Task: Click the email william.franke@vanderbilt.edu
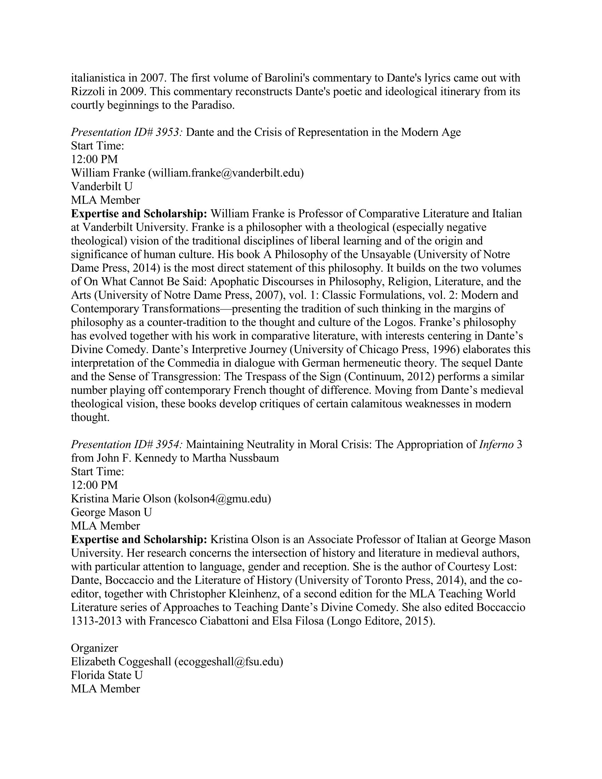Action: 226,173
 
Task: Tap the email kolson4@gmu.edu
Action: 222,499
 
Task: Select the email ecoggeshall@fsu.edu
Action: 228,662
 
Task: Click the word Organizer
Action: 95,648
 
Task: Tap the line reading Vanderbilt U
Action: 102,187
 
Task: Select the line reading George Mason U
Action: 111,512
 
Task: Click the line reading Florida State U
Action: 107,675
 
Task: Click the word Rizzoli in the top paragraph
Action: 88,92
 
